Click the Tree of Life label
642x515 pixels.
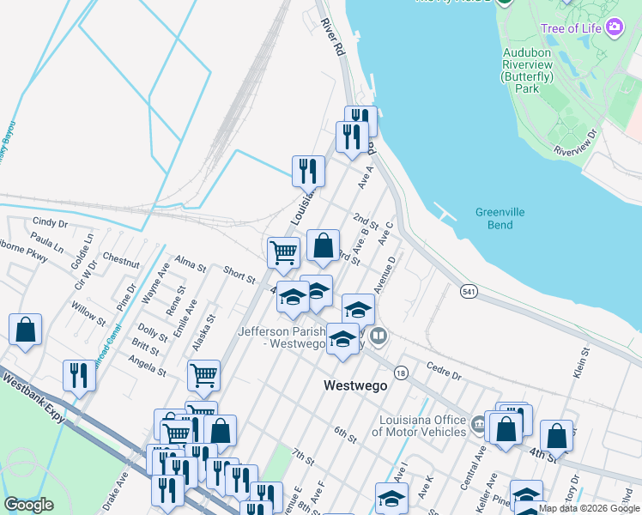pyautogui.click(x=572, y=27)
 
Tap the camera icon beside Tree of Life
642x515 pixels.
pyautogui.click(x=614, y=27)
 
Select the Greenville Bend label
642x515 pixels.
pyautogui.click(x=500, y=219)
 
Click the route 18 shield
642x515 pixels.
pyautogui.click(x=401, y=372)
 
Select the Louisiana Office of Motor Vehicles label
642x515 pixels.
pyautogui.click(x=419, y=426)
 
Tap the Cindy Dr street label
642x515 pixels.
pyautogui.click(x=51, y=221)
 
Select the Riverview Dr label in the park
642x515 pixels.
pyautogui.click(x=574, y=143)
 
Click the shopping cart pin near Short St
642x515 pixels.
pyautogui.click(x=283, y=252)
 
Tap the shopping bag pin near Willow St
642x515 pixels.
pyautogui.click(x=26, y=329)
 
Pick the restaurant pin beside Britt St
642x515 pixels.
pyautogui.click(x=78, y=375)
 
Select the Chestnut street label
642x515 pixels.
pyautogui.click(x=120, y=257)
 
